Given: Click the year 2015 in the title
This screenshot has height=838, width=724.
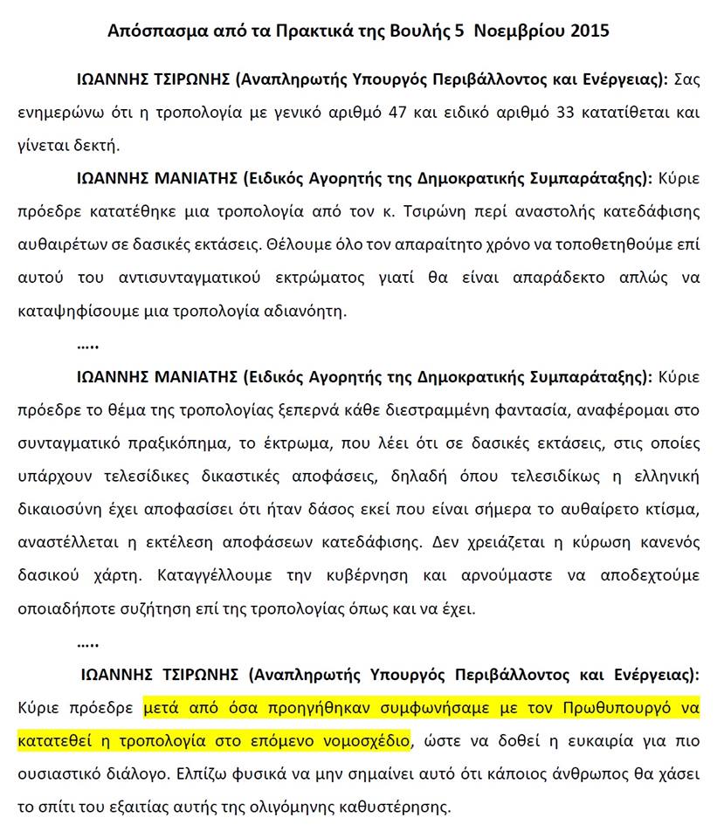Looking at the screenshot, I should click(x=590, y=31).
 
